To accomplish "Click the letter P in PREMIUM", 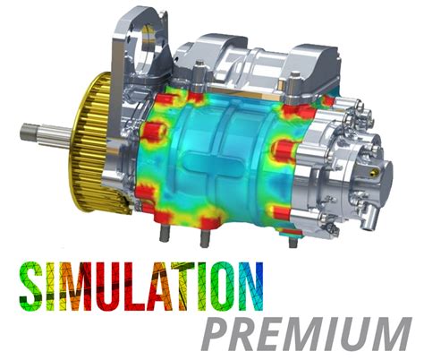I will (x=221, y=334).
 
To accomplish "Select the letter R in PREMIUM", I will (x=250, y=334).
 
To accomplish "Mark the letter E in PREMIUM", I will (x=279, y=334).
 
